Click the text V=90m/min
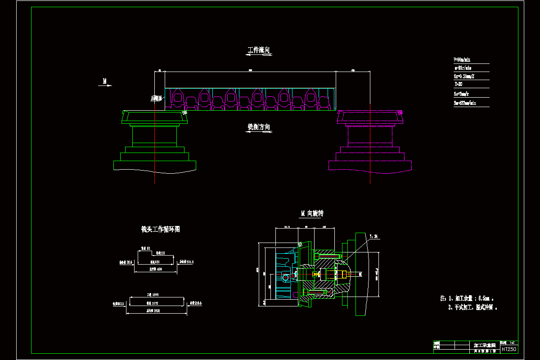[x=462, y=59]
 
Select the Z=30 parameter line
[x=459, y=84]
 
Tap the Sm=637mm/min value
[x=465, y=103]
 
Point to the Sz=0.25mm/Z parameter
[x=464, y=76]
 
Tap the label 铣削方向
[x=259, y=127]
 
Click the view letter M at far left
[x=105, y=81]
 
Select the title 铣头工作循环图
[x=161, y=229]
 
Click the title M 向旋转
[x=312, y=213]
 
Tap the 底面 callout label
[x=156, y=98]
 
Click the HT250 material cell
[x=508, y=349]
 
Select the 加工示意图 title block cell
[x=485, y=345]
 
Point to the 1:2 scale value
[x=512, y=342]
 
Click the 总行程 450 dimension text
[x=156, y=269]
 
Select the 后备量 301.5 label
[x=186, y=261]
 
